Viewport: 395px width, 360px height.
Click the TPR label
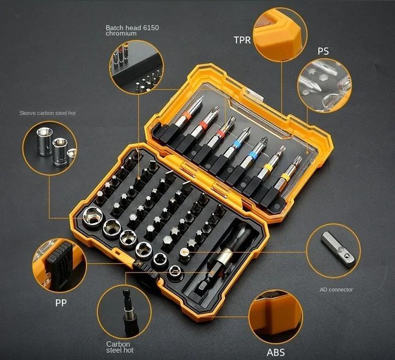pos(242,40)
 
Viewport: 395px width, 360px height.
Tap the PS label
pos(323,51)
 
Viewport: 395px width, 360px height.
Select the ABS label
pos(276,352)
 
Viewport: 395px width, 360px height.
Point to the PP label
pos(61,303)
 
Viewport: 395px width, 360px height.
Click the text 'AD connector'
pos(336,290)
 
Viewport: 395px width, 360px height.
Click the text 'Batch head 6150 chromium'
pos(132,30)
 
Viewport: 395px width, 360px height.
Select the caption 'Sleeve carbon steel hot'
pos(47,113)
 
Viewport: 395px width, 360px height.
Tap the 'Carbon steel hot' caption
pos(119,347)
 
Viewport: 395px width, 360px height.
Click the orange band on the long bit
pos(187,115)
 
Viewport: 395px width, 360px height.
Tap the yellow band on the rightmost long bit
pos(286,177)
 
